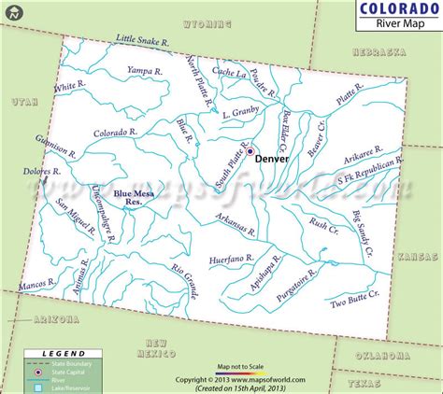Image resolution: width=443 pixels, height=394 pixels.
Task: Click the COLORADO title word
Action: pyautogui.click(x=392, y=9)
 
